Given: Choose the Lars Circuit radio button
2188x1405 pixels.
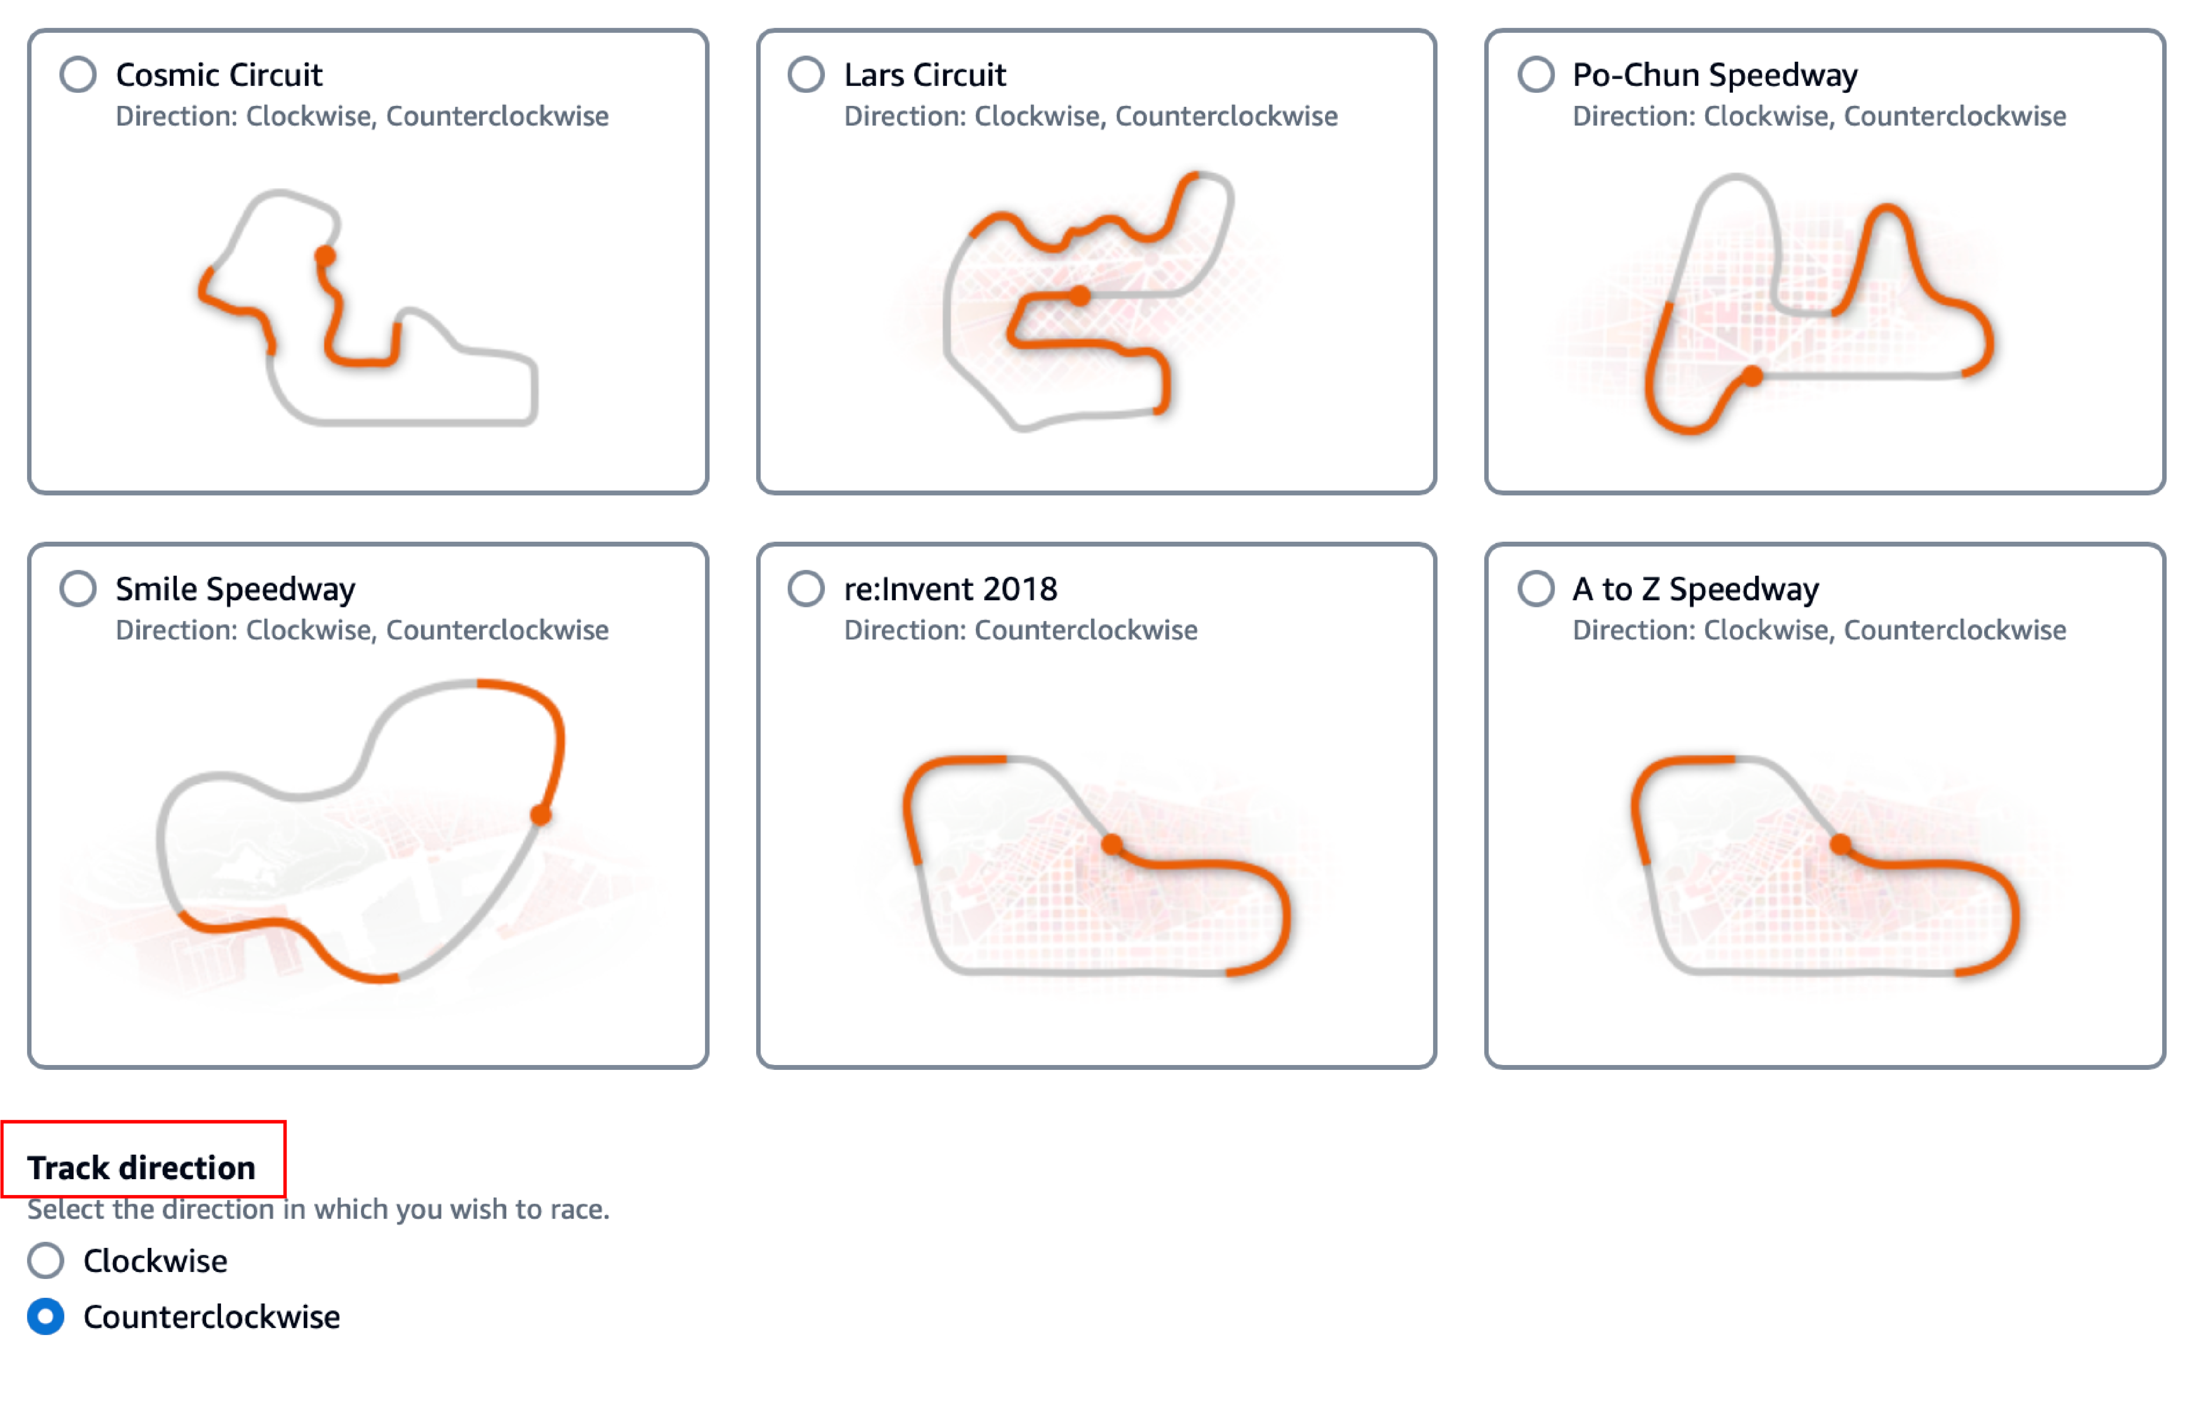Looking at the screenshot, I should (806, 75).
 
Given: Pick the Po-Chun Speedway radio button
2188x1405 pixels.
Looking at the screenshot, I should (1536, 75).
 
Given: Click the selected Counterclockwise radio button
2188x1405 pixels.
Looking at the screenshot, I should (46, 1317).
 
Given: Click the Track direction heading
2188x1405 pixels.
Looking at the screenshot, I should (141, 1168).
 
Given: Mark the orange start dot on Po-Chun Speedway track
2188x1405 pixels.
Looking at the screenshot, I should (1752, 375).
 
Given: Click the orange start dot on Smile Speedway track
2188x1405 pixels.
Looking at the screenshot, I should (541, 815).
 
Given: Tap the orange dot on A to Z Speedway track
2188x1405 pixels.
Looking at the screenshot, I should (1841, 844).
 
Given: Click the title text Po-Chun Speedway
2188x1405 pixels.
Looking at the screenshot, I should (1715, 75).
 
